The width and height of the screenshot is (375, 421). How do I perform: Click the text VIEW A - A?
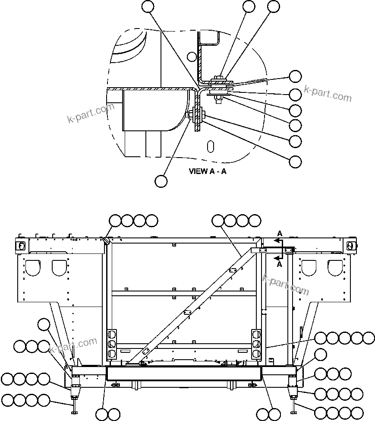pos(208,171)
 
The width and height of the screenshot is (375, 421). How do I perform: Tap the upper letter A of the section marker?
pos(280,234)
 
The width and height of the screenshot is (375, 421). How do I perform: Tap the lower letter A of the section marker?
pos(280,264)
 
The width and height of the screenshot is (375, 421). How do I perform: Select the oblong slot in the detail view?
pos(210,146)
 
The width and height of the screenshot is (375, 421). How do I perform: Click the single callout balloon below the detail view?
pos(161,181)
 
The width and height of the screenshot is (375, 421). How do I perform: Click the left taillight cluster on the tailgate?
pos(112,344)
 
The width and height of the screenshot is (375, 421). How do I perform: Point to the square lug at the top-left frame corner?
pos(20,245)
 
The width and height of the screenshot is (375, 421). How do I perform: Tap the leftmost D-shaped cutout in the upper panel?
pos(32,267)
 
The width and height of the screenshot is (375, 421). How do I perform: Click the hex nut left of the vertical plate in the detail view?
pos(190,114)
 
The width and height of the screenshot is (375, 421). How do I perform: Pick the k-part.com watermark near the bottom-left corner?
pos(73,345)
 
